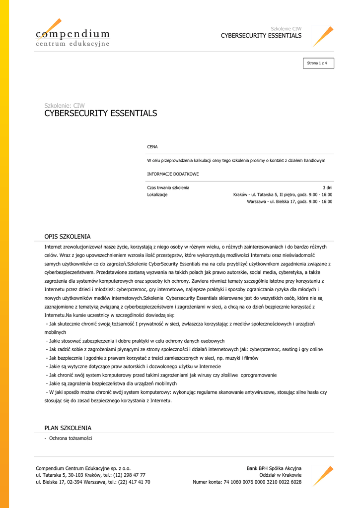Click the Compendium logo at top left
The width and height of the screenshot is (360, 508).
(72, 35)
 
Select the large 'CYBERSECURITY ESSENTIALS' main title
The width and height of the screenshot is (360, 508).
(101, 114)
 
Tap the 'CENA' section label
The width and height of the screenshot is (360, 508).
(152, 147)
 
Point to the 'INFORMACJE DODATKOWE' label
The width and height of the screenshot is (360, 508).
(173, 174)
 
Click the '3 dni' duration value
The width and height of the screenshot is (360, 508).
(328, 188)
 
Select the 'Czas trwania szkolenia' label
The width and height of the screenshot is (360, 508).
(168, 188)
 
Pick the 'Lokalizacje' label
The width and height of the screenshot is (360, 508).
(157, 194)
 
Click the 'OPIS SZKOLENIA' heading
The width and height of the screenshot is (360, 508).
(68, 237)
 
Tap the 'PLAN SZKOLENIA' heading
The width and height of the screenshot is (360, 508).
(68, 428)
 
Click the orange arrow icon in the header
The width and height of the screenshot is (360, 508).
(323, 36)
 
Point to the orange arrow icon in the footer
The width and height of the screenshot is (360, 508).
(323, 475)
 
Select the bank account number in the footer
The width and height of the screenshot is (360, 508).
(268, 482)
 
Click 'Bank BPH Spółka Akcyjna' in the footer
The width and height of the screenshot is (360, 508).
(274, 468)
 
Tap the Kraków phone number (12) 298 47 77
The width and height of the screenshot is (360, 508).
(129, 475)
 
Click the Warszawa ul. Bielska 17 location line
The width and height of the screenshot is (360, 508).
(289, 201)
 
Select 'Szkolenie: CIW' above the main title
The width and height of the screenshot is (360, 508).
(65, 105)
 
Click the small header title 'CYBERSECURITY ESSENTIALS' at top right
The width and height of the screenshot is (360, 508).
(261, 36)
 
